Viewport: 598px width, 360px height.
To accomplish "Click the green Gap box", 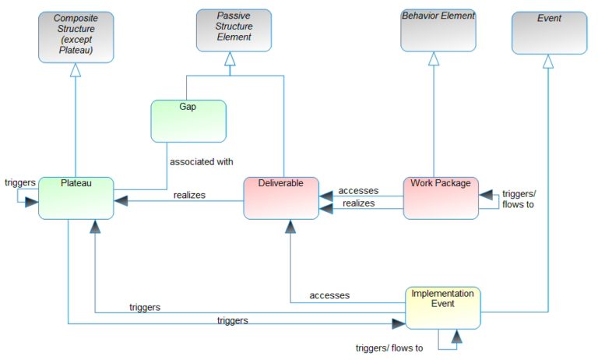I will [188, 121].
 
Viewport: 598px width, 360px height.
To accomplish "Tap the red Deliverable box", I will [281, 197].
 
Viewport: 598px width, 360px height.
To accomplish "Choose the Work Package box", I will [441, 197].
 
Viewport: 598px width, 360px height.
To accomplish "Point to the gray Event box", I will [549, 32].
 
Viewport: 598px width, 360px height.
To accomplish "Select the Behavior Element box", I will [438, 30].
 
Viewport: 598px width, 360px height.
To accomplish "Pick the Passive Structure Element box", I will [234, 30].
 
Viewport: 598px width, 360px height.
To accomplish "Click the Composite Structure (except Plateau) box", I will [76, 36].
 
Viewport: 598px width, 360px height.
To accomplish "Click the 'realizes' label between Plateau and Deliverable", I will [189, 195].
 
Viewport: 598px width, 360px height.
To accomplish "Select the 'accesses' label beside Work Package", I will [358, 190].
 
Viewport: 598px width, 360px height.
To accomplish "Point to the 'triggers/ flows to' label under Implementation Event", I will [389, 348].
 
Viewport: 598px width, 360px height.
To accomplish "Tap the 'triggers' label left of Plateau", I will [19, 182].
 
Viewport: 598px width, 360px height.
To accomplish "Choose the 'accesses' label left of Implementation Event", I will [329, 295].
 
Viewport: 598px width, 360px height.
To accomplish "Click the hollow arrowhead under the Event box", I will [548, 62].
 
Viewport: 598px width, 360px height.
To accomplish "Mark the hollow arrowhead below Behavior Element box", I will [434, 58].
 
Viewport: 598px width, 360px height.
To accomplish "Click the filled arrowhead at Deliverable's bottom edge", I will [290, 227].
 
